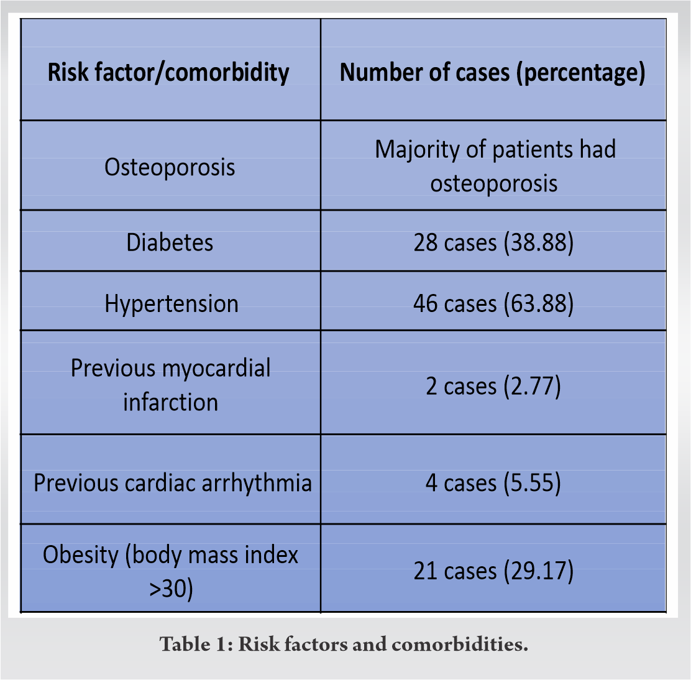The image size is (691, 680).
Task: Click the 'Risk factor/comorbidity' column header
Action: pyautogui.click(x=168, y=73)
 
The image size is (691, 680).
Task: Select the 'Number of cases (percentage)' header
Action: pyautogui.click(x=493, y=73)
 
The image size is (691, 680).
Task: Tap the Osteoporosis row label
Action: pyautogui.click(x=170, y=167)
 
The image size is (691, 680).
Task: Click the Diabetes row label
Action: pyautogui.click(x=170, y=242)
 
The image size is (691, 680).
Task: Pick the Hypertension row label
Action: pyautogui.click(x=172, y=305)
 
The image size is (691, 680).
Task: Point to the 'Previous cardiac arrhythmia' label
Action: pyautogui.click(x=173, y=483)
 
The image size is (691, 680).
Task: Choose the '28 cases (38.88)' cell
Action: pyautogui.click(x=493, y=243)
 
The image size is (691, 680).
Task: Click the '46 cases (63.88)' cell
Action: pyautogui.click(x=493, y=304)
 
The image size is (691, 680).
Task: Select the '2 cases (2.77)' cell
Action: pyautogui.click(x=493, y=387)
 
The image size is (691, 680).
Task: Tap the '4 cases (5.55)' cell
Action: pyautogui.click(x=493, y=483)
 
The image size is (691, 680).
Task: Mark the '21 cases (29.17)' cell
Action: pyautogui.click(x=493, y=571)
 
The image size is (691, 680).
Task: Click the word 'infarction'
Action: pyautogui.click(x=170, y=402)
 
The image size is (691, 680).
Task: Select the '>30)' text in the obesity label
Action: pyautogui.click(x=171, y=589)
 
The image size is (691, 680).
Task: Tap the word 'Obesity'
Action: pyautogui.click(x=81, y=555)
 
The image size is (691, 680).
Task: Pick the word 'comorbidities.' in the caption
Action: pyautogui.click(x=460, y=645)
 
